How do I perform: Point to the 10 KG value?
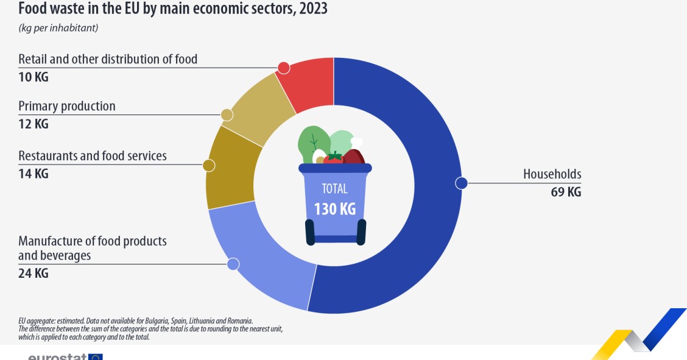(x=33, y=77)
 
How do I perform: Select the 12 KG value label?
(x=33, y=124)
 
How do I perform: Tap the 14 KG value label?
(x=33, y=174)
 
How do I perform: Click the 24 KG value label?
(x=33, y=274)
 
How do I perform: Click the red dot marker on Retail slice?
(x=283, y=68)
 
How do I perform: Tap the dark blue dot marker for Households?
(x=461, y=183)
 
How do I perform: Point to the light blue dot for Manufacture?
(x=233, y=264)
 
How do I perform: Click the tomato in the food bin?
(x=333, y=158)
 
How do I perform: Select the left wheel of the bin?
(x=310, y=232)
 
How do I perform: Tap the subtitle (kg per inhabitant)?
(x=58, y=28)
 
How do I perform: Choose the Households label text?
(x=552, y=174)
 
